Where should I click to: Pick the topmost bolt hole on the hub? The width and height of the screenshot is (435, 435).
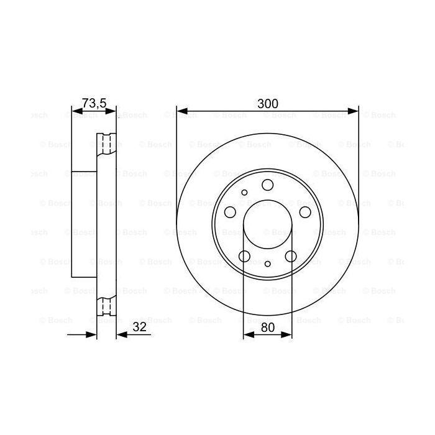click(267, 184)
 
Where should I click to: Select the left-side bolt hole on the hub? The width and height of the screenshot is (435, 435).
click(230, 213)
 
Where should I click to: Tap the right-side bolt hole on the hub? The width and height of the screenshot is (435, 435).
click(305, 213)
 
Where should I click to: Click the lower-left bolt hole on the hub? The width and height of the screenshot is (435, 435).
click(244, 256)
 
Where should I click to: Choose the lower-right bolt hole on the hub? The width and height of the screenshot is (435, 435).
click(290, 256)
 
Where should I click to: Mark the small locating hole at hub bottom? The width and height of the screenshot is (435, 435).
click(267, 264)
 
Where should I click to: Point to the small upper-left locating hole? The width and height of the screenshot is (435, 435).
click(245, 193)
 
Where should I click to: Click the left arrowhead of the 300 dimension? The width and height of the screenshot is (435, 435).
click(181, 112)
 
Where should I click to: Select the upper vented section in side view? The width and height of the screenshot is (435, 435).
click(107, 144)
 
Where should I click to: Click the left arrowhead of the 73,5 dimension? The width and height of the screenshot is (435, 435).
click(76, 112)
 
